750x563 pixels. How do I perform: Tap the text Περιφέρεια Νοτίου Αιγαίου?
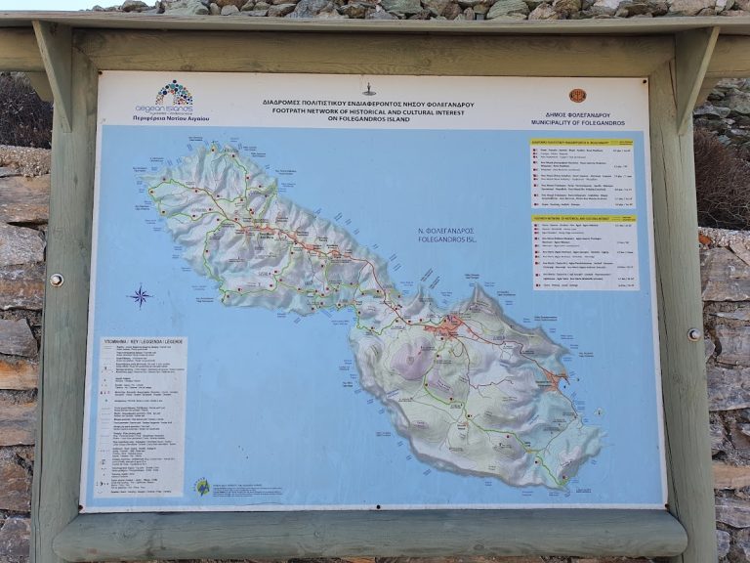click(171, 118)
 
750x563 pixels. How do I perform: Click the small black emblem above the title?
click(369, 90)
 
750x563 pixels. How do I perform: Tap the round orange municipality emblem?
click(577, 96)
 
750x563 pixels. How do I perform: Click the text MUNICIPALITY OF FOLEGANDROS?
click(577, 122)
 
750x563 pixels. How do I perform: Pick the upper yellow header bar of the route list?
click(582, 142)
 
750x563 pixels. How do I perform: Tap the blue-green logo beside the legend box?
click(202, 486)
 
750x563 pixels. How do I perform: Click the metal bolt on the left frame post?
click(56, 280)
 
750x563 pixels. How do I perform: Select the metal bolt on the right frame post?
click(694, 333)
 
